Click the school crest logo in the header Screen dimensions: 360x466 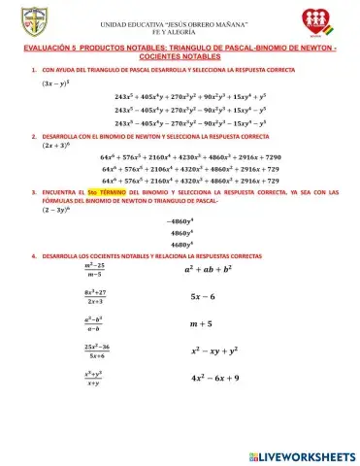pos(32,22)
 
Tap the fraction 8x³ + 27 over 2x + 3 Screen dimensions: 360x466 pos(95,296)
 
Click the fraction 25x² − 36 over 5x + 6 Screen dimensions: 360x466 pos(95,349)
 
